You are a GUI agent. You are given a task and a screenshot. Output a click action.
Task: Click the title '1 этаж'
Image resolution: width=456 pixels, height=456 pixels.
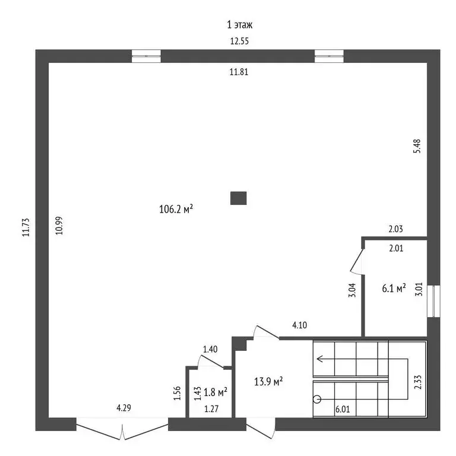[240, 25]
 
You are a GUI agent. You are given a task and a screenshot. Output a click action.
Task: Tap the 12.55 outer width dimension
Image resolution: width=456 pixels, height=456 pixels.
[240, 41]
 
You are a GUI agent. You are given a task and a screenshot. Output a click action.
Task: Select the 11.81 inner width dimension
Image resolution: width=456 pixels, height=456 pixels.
[239, 72]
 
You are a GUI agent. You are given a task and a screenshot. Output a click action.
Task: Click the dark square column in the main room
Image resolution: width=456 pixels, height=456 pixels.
[239, 198]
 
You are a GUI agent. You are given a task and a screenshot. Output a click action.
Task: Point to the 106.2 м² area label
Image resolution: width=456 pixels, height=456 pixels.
[176, 209]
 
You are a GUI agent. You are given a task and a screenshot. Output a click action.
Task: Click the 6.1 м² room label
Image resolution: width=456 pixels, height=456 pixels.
[394, 288]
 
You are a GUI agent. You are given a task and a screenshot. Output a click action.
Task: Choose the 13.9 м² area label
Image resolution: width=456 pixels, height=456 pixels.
[269, 381]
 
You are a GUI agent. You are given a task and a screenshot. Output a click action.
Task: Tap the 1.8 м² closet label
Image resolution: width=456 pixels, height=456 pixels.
[216, 392]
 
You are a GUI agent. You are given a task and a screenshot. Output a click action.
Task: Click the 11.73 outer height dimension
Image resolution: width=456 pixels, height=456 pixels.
[26, 227]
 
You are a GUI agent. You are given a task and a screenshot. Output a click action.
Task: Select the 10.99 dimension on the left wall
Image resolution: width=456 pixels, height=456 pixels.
[59, 226]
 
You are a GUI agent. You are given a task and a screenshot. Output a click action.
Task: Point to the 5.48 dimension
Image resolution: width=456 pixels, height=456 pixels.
[417, 146]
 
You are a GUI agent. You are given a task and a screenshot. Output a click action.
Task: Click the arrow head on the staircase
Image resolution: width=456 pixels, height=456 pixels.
[320, 359]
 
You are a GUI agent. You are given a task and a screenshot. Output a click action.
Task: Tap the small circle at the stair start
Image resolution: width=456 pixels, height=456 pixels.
[317, 399]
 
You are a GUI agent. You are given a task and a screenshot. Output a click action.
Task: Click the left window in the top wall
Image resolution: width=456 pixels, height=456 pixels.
[146, 56]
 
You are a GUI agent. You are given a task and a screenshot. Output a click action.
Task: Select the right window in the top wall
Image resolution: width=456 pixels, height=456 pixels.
[329, 56]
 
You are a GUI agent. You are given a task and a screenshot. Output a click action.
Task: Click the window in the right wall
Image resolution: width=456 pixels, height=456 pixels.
[433, 301]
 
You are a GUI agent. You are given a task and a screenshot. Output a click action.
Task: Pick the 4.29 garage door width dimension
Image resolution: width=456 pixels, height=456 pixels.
[124, 408]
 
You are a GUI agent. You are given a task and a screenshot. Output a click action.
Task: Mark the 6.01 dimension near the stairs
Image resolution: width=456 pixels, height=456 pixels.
[343, 409]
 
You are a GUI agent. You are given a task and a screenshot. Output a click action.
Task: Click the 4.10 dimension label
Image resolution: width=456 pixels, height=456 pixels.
[299, 325]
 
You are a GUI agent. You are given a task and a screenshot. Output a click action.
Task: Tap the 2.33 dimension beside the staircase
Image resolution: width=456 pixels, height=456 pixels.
[417, 382]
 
